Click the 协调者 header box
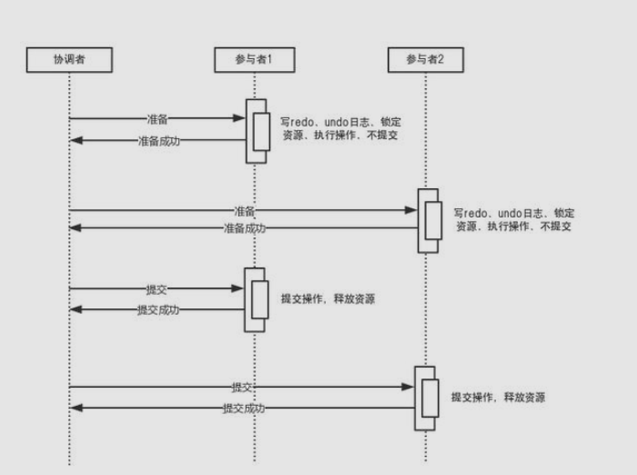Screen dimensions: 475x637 tap(69, 60)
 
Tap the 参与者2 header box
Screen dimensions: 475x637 tap(426, 60)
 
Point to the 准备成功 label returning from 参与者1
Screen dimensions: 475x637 tap(158, 140)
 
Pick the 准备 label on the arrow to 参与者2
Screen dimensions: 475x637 tap(244, 210)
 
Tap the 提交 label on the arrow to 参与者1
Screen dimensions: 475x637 tap(157, 289)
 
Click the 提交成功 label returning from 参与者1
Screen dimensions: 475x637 tap(158, 309)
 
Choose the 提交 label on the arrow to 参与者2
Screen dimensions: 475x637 tap(242, 387)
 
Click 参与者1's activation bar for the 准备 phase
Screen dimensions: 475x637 tap(258, 131)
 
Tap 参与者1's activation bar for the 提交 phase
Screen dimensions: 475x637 tap(256, 299)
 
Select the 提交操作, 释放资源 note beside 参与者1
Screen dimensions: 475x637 tap(328, 298)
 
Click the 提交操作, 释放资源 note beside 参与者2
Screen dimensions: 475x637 tap(499, 398)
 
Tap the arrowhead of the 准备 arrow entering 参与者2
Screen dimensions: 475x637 tap(412, 210)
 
